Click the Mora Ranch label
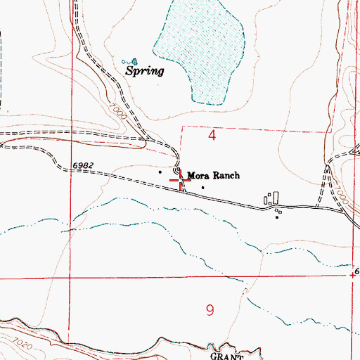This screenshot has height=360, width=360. (x=214, y=175)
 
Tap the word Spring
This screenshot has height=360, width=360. (x=144, y=71)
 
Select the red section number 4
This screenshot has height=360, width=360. (x=212, y=135)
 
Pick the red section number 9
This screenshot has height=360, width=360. (x=210, y=310)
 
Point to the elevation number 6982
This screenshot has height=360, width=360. (x=82, y=165)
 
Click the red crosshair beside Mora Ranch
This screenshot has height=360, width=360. (x=181, y=181)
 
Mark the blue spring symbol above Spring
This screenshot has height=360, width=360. (x=131, y=61)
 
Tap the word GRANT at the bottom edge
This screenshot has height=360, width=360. (x=226, y=356)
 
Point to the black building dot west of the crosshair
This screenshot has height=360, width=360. (x=160, y=172)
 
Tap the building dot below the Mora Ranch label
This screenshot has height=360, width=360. (x=203, y=187)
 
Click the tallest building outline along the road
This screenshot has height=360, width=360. (x=276, y=198)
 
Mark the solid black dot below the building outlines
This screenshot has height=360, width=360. (x=277, y=217)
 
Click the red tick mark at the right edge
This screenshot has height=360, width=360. (x=352, y=275)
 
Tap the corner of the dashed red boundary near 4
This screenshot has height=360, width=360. (x=181, y=127)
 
